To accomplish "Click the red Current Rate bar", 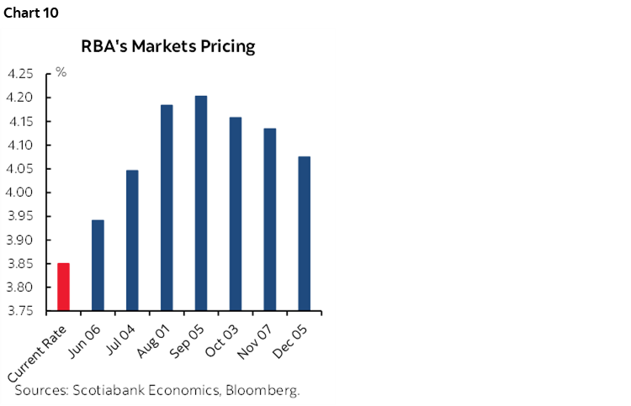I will point(63,287).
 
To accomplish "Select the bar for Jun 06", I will point(98,265).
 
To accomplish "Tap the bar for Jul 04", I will point(132,240).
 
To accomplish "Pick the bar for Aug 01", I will point(167,208).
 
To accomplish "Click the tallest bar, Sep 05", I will point(201,203).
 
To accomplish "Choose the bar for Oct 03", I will point(235,214).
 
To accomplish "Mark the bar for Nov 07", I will point(269,219).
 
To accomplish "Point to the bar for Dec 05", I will point(304,234).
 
